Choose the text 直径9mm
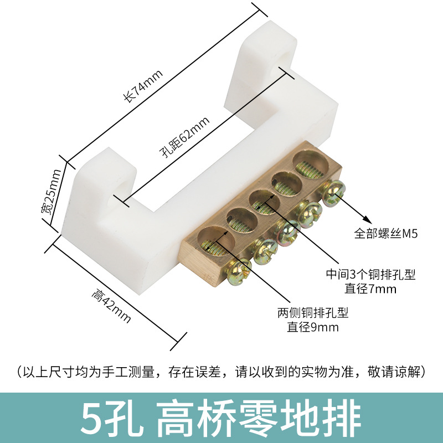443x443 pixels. click(312, 327)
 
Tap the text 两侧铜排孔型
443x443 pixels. click(312, 313)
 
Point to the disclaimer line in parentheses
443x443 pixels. click(221, 370)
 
